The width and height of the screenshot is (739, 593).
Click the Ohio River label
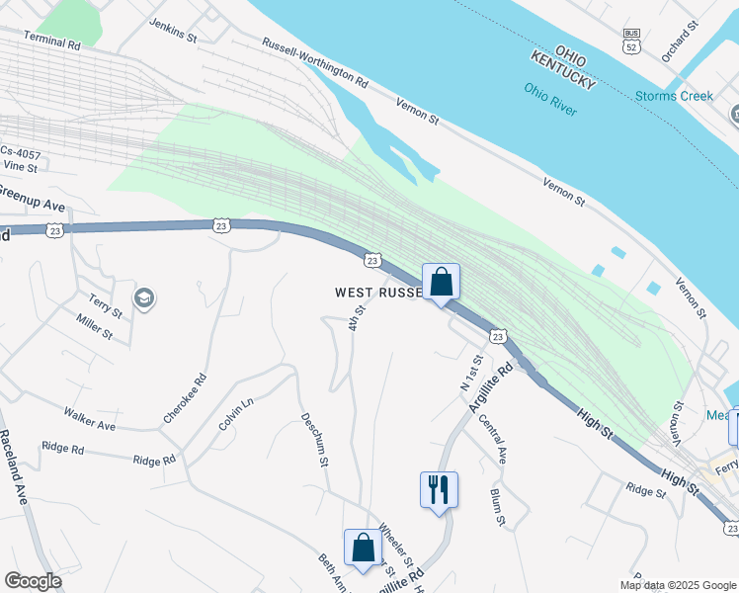[x=550, y=99]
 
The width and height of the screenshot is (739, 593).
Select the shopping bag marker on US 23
[x=441, y=282]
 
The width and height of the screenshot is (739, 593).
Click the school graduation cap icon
[x=144, y=298]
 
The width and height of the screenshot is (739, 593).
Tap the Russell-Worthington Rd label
[x=314, y=61]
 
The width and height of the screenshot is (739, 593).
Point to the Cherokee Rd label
[x=185, y=399]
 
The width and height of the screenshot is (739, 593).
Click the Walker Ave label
[x=89, y=418]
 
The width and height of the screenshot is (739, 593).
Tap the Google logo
[x=33, y=580]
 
